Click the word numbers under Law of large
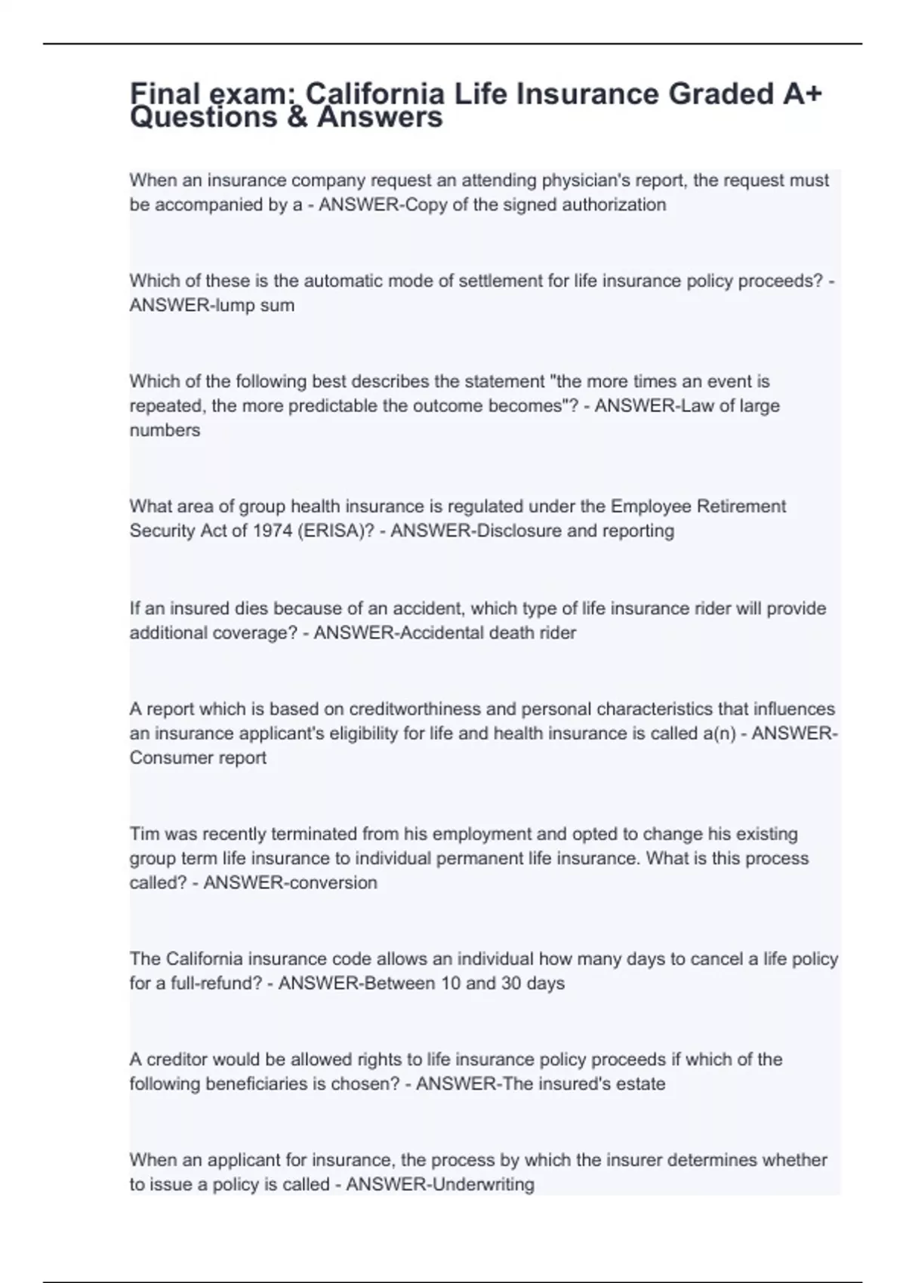[165, 430]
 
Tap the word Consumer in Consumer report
[162, 758]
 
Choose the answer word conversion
[333, 883]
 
